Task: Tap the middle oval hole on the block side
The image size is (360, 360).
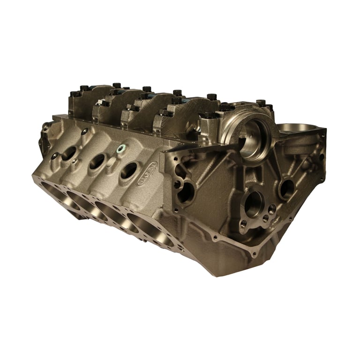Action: click(x=97, y=161)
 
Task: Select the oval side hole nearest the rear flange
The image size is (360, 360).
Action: click(x=68, y=153)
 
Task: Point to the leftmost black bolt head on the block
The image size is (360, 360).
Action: click(x=74, y=93)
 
